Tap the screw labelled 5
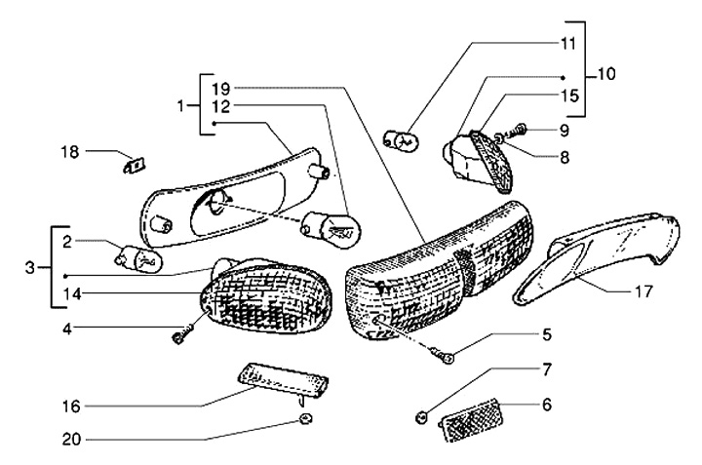click(x=446, y=360)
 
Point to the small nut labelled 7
click(x=421, y=416)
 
